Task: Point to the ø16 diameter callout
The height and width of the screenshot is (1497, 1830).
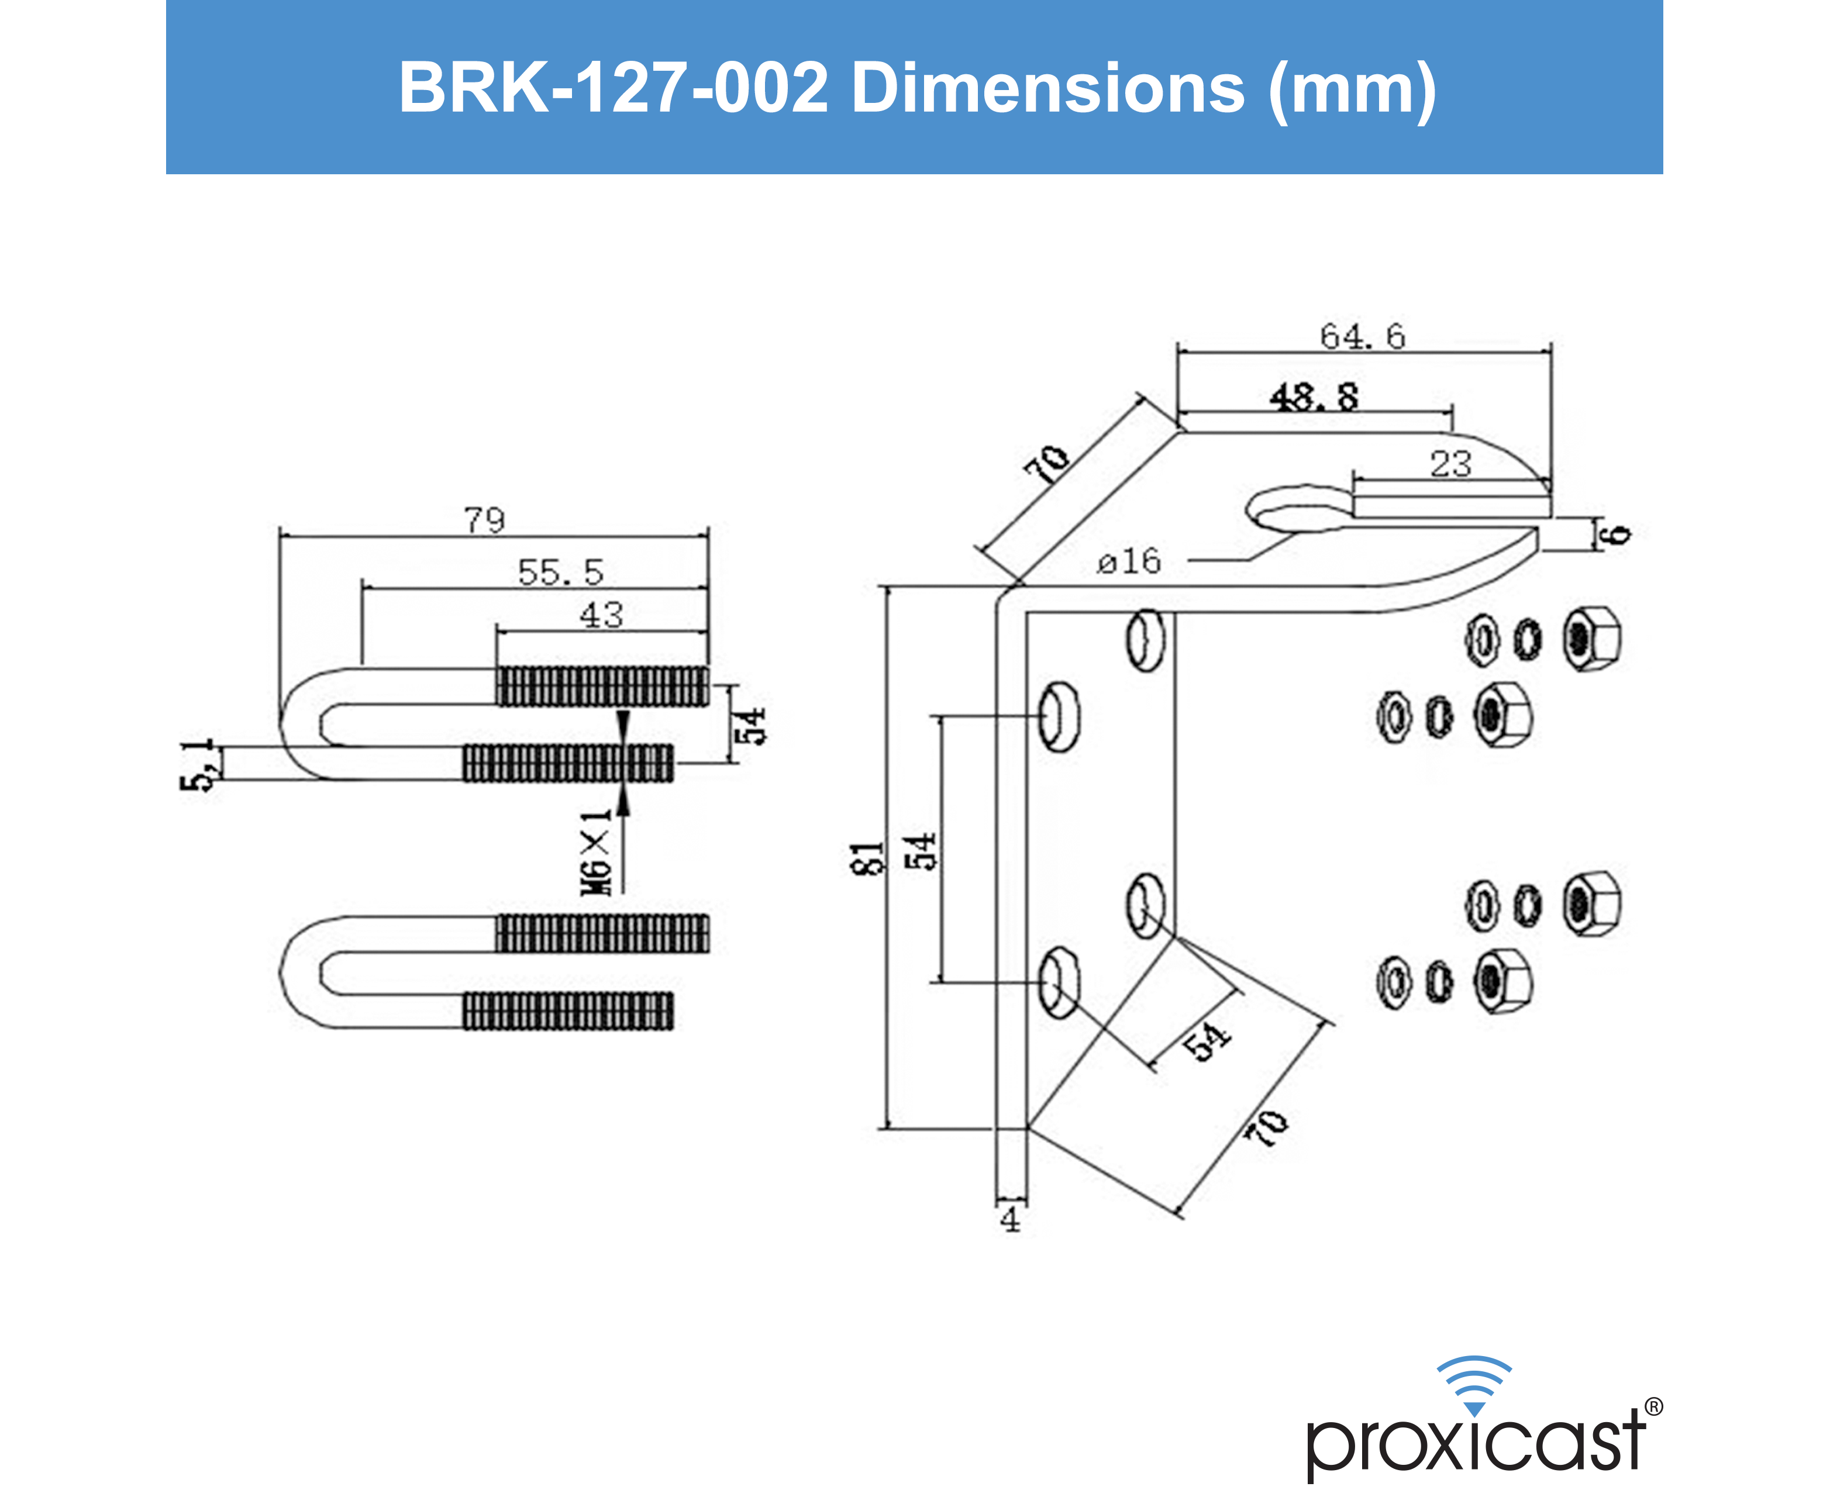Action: pyautogui.click(x=1129, y=562)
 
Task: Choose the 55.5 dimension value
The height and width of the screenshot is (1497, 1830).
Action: pyautogui.click(x=560, y=572)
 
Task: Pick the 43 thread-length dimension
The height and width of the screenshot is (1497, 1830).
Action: pyautogui.click(x=601, y=615)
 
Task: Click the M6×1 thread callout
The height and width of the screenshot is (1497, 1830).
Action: pyautogui.click(x=596, y=852)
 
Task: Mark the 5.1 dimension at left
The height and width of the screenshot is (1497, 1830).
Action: pyautogui.click(x=198, y=765)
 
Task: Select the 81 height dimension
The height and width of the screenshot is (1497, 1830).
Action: pyautogui.click(x=867, y=858)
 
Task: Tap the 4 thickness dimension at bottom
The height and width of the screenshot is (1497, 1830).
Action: pyautogui.click(x=1010, y=1219)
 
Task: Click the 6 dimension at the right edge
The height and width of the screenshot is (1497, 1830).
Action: pyautogui.click(x=1619, y=534)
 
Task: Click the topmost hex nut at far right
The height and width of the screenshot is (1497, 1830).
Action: pyautogui.click(x=1592, y=639)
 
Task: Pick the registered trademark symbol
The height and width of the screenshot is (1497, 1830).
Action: pyautogui.click(x=1653, y=1406)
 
